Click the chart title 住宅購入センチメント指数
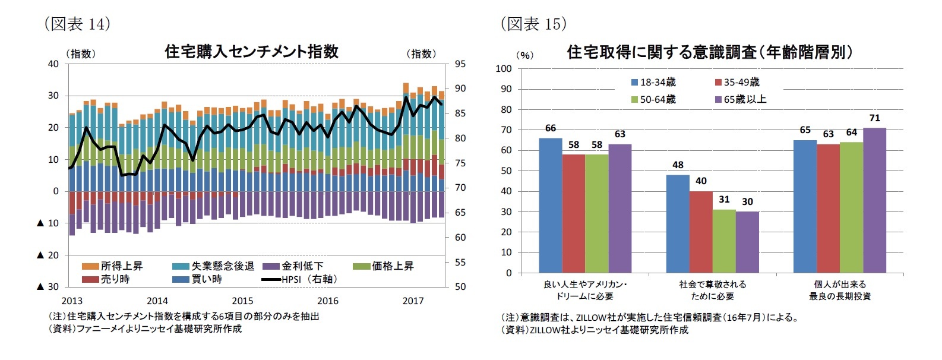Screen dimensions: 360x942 pyautogui.click(x=251, y=52)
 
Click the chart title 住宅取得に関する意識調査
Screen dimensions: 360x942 pyautogui.click(x=710, y=52)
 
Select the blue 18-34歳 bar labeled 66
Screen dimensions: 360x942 pyautogui.click(x=550, y=206)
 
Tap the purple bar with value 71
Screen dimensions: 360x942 pyautogui.click(x=874, y=200)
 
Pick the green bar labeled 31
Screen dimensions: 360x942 pyautogui.click(x=724, y=241)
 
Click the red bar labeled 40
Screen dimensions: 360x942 pyautogui.click(x=701, y=232)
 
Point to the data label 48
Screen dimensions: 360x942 pyautogui.click(x=678, y=165)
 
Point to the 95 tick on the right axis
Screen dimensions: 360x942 pyautogui.click(x=460, y=64)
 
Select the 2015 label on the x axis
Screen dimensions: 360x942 pyautogui.click(x=242, y=301)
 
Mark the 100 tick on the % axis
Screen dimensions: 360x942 pyautogui.click(x=503, y=69)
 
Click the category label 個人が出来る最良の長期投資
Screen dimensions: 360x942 pyautogui.click(x=839, y=290)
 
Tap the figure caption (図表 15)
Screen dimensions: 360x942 pyautogui.click(x=533, y=24)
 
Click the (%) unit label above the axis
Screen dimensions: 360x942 pyautogui.click(x=524, y=55)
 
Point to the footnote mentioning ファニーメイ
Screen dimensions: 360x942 pyautogui.click(x=145, y=329)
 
